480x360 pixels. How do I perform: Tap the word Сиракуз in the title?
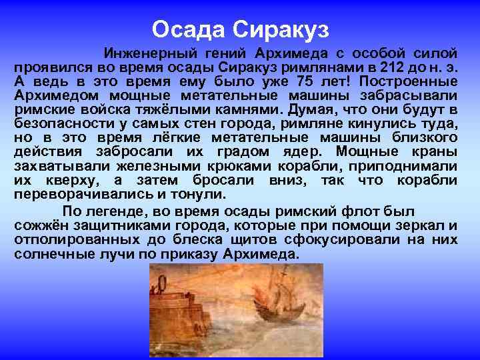point(280,29)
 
